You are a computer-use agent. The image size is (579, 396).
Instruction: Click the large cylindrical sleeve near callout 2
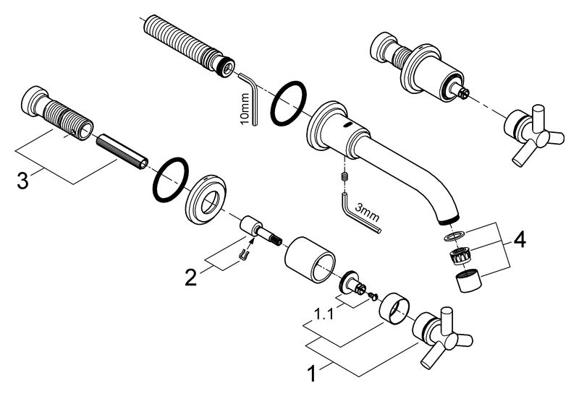tap(310, 258)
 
